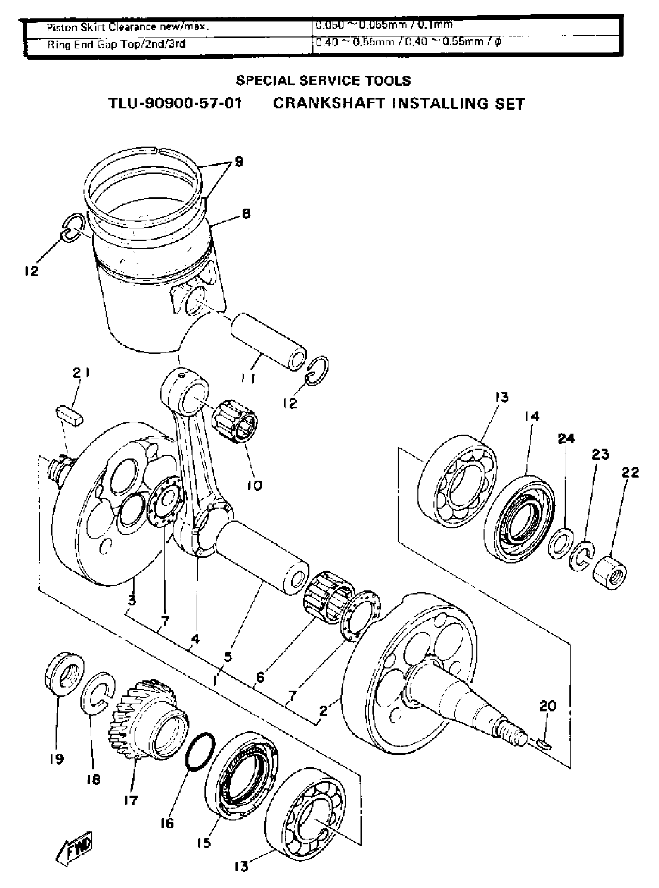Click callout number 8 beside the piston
[246, 214]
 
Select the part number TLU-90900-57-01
[175, 104]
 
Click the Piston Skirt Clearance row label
[128, 27]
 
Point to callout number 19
[57, 759]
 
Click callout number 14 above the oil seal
[531, 416]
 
